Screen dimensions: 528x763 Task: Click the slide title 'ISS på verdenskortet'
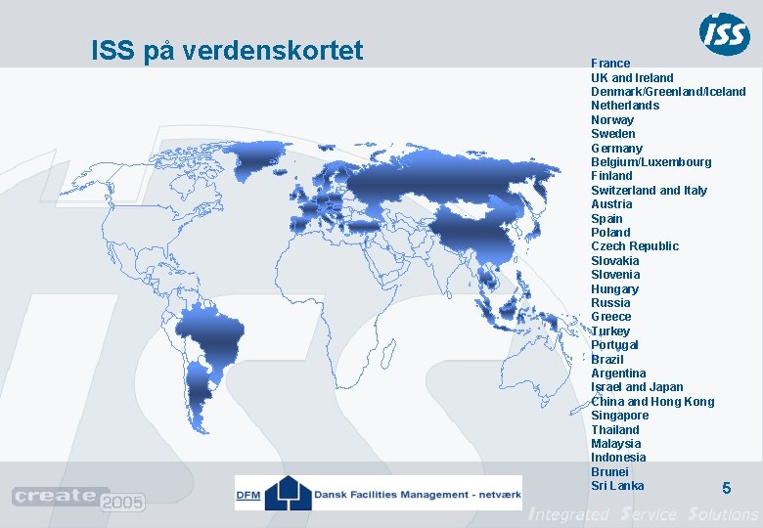(x=227, y=50)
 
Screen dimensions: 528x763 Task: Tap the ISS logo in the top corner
(x=724, y=34)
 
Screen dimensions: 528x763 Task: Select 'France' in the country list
(x=610, y=63)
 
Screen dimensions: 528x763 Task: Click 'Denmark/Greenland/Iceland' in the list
(x=668, y=91)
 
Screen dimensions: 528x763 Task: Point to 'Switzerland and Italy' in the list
(x=649, y=190)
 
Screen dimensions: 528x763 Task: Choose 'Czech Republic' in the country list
(x=634, y=246)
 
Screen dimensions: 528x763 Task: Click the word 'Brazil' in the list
(x=606, y=359)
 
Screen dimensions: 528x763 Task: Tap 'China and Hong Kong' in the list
(x=652, y=402)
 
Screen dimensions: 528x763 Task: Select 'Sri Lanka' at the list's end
(x=617, y=486)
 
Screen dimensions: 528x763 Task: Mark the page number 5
(x=726, y=488)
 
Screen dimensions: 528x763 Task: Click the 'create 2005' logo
(x=78, y=499)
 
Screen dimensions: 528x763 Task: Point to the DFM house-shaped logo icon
(x=288, y=491)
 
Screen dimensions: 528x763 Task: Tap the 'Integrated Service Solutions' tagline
(x=643, y=514)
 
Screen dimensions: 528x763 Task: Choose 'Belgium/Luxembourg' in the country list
(x=651, y=161)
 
